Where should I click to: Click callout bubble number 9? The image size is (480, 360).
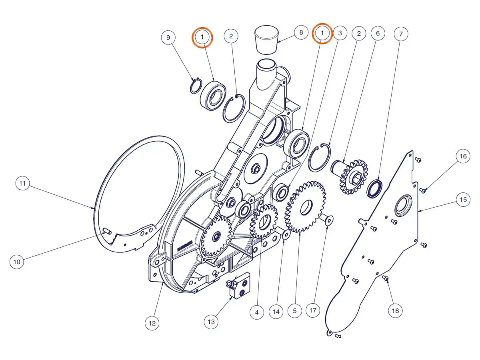pyautogui.click(x=168, y=38)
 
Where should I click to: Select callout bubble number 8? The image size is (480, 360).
pyautogui.click(x=301, y=32)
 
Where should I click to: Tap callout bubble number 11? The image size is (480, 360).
pyautogui.click(x=23, y=183)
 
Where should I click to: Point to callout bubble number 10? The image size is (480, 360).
pyautogui.click(x=17, y=262)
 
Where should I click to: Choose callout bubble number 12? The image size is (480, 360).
pyautogui.click(x=152, y=323)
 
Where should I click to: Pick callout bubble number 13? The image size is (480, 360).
pyautogui.click(x=211, y=322)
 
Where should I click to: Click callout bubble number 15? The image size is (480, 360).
pyautogui.click(x=463, y=199)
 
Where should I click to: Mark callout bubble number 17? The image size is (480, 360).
pyautogui.click(x=313, y=310)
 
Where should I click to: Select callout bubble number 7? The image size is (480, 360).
pyautogui.click(x=401, y=34)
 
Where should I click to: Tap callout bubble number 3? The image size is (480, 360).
pyautogui.click(x=340, y=33)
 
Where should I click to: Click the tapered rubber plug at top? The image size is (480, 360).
pyautogui.click(x=268, y=40)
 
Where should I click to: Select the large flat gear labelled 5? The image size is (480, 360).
pyautogui.click(x=306, y=206)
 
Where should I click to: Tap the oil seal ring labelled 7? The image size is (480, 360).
pyautogui.click(x=374, y=189)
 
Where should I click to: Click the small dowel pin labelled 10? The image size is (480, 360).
pyautogui.click(x=107, y=231)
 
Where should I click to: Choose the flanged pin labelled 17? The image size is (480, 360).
pyautogui.click(x=326, y=219)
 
